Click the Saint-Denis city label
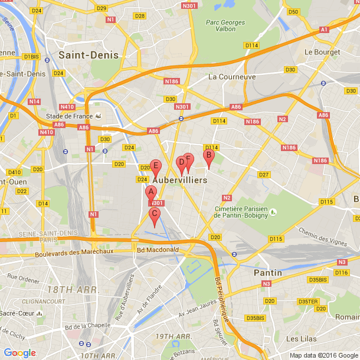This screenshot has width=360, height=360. click(89, 55)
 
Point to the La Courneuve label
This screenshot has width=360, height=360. click(232, 77)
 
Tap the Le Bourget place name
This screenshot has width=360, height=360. click(320, 52)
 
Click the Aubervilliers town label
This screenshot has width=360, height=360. click(180, 180)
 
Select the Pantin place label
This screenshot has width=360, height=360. click(268, 273)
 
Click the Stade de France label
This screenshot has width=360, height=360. click(69, 116)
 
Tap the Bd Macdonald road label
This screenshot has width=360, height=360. click(157, 250)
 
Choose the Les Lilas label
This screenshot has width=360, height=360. click(300, 339)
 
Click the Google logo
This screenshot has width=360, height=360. click(19, 353)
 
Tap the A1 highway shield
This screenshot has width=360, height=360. click(323, 29)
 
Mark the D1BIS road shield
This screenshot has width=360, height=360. click(31, 56)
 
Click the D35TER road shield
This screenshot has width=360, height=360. click(308, 302)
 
